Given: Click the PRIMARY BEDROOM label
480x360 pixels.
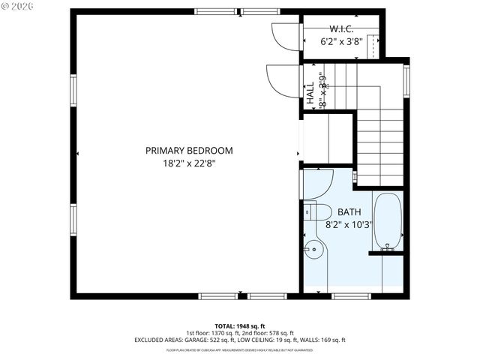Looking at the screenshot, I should (189, 151).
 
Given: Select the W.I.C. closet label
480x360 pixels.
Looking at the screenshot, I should (341, 29).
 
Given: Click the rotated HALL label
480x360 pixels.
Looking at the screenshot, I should (310, 92).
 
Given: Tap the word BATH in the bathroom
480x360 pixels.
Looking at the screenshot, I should (349, 212).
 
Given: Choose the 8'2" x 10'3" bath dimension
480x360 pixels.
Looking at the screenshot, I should (349, 224).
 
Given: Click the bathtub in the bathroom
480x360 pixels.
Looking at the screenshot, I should (387, 221).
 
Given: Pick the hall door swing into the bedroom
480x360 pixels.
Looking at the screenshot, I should (283, 80).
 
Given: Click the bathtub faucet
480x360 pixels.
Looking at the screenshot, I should (388, 245).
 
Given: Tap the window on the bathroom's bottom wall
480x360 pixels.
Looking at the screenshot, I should (351, 295).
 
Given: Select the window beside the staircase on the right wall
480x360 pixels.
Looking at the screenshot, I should (407, 82).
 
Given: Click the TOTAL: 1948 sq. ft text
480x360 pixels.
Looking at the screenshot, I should (240, 325).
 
